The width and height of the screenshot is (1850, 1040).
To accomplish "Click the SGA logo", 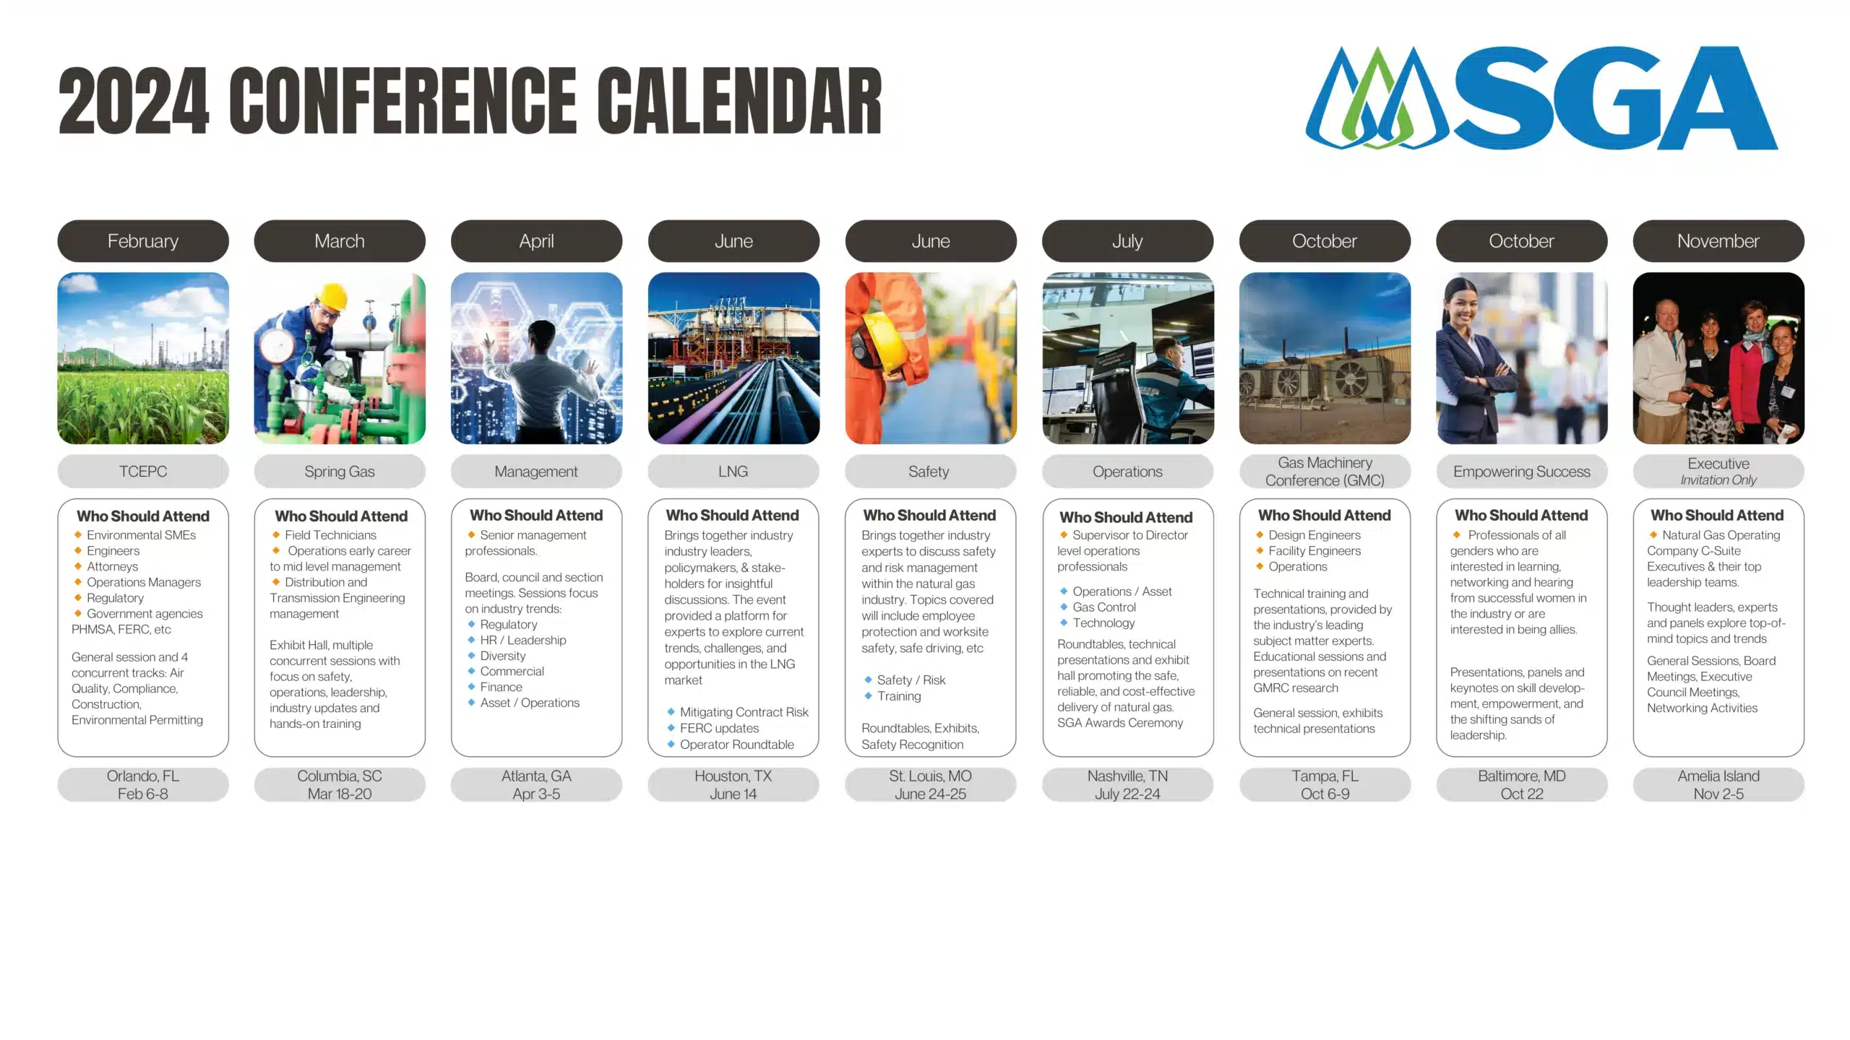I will (1541, 98).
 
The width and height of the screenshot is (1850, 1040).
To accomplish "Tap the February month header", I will (143, 241).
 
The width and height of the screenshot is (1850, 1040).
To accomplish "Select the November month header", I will (1718, 241).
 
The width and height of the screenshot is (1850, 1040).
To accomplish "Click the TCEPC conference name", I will (143, 472).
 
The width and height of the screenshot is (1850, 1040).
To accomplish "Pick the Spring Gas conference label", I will (340, 472).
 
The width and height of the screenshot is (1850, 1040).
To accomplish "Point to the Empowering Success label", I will (1521, 472).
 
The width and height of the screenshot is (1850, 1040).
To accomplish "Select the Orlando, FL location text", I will (143, 776).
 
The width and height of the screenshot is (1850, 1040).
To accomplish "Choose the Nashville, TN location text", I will (1127, 776).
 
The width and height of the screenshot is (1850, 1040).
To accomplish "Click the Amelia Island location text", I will (1718, 776).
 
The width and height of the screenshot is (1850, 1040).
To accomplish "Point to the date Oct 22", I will (1521, 794).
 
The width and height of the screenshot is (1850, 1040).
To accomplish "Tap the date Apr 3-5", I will (536, 794).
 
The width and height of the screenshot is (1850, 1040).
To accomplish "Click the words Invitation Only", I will (1718, 480).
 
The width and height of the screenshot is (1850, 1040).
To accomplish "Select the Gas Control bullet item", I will (1103, 607).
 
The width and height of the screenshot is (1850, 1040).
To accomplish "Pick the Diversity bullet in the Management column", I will (502, 656).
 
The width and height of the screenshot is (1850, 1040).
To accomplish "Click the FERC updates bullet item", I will (719, 728).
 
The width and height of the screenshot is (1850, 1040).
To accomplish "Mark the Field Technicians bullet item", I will (330, 535).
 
